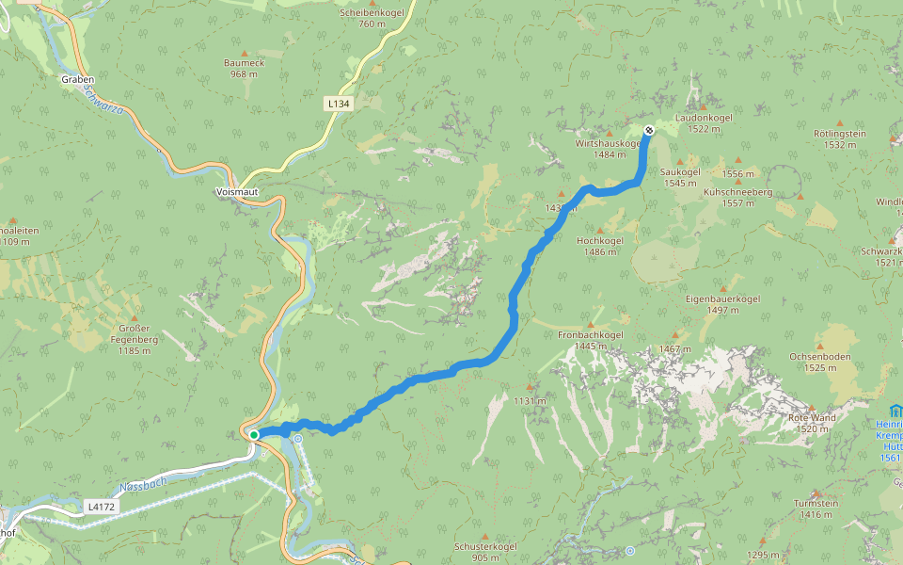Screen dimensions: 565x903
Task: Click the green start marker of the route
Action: coord(254,434)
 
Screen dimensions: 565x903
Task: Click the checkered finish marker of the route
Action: coord(648,130)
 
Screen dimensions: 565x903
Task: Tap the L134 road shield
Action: coord(340,104)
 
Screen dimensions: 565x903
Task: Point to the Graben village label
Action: coord(78,80)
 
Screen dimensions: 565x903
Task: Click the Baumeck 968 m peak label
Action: coord(244,68)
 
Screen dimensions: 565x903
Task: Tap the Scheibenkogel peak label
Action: coord(372,18)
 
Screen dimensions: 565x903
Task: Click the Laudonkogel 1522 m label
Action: coord(704,123)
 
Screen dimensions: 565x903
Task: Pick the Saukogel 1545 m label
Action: coord(680,177)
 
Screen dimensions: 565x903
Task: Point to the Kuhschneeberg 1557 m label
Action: coord(737,197)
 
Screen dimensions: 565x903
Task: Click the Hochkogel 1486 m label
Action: coord(600,246)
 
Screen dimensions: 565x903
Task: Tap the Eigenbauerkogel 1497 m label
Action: coord(722,304)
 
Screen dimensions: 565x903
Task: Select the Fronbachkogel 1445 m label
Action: coord(591,340)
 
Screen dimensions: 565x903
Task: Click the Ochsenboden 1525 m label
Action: coord(820,363)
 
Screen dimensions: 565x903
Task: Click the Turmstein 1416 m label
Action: coord(815,508)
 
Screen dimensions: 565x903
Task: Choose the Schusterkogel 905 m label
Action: coord(485,551)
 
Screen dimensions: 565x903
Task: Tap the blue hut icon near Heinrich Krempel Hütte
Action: coord(894,411)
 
